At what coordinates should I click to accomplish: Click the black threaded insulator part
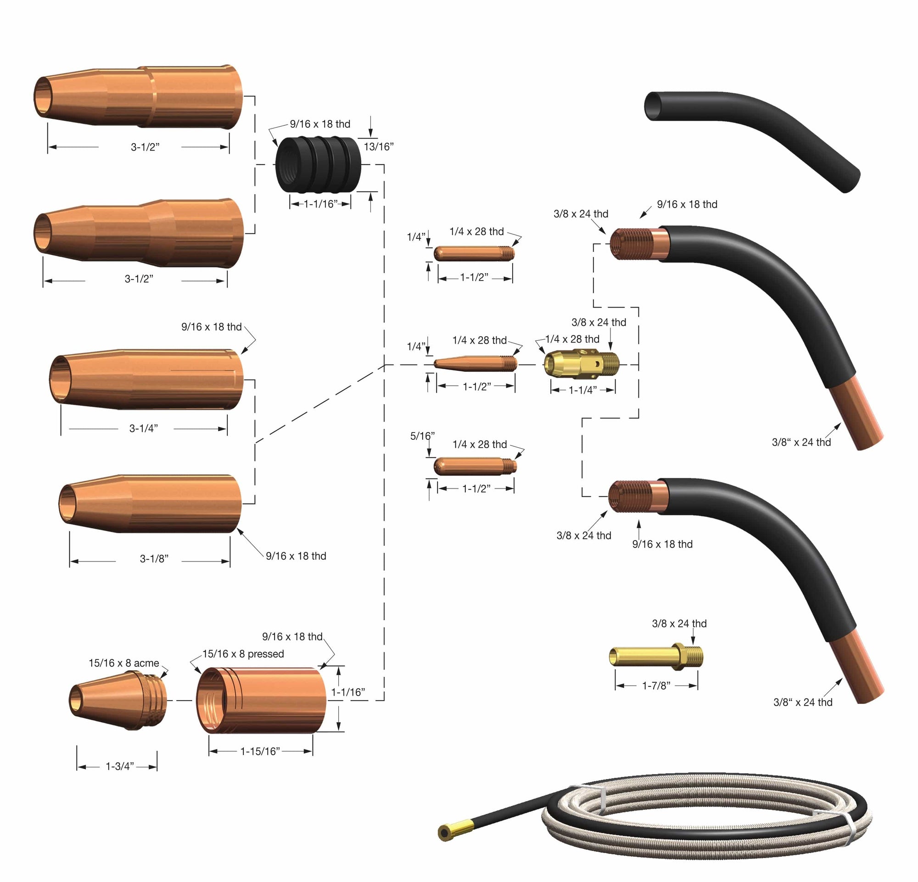coord(318,164)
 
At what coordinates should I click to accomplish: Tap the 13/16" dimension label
coord(378,146)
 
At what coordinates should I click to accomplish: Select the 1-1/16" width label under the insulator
coord(321,204)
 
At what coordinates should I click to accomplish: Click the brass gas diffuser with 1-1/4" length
coord(581,364)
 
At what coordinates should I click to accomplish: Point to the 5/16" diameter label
coord(422,436)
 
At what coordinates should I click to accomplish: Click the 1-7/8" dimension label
coord(656,686)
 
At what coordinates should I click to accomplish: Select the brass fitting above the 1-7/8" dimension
coord(656,656)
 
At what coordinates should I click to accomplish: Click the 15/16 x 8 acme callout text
coord(123,663)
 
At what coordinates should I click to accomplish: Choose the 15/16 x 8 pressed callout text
coord(243,653)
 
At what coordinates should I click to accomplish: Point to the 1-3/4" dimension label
coord(119,766)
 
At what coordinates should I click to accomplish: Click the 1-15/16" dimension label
coord(260,751)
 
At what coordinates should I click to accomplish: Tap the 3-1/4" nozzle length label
coord(143,428)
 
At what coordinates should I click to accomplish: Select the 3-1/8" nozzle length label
coord(154,558)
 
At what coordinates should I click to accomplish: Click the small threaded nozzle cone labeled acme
coord(118,700)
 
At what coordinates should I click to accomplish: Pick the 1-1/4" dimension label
coord(582,390)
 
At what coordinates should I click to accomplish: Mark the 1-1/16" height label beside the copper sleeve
coord(348,692)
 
